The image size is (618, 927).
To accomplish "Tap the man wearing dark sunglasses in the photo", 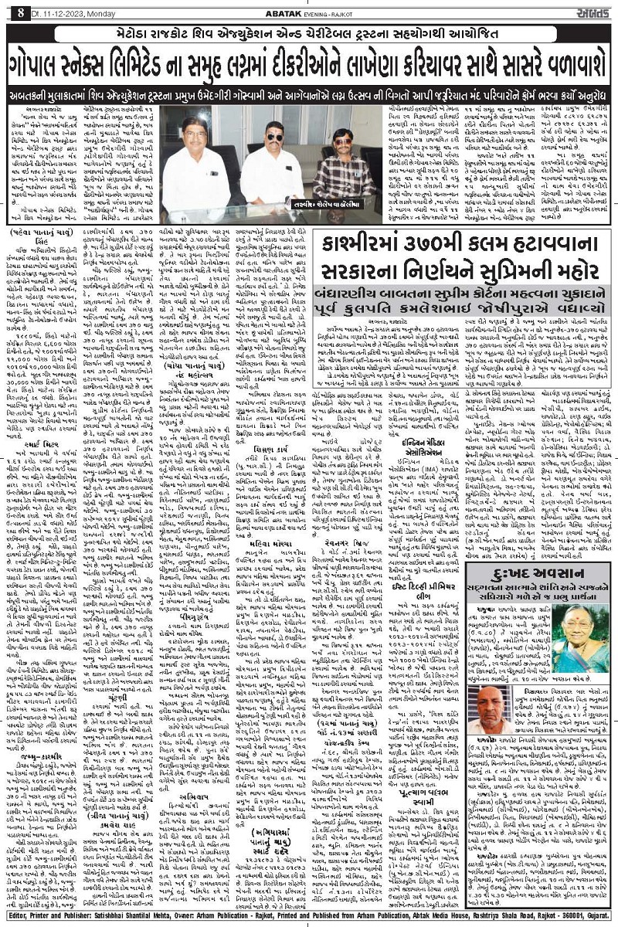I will pos(272,158).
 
